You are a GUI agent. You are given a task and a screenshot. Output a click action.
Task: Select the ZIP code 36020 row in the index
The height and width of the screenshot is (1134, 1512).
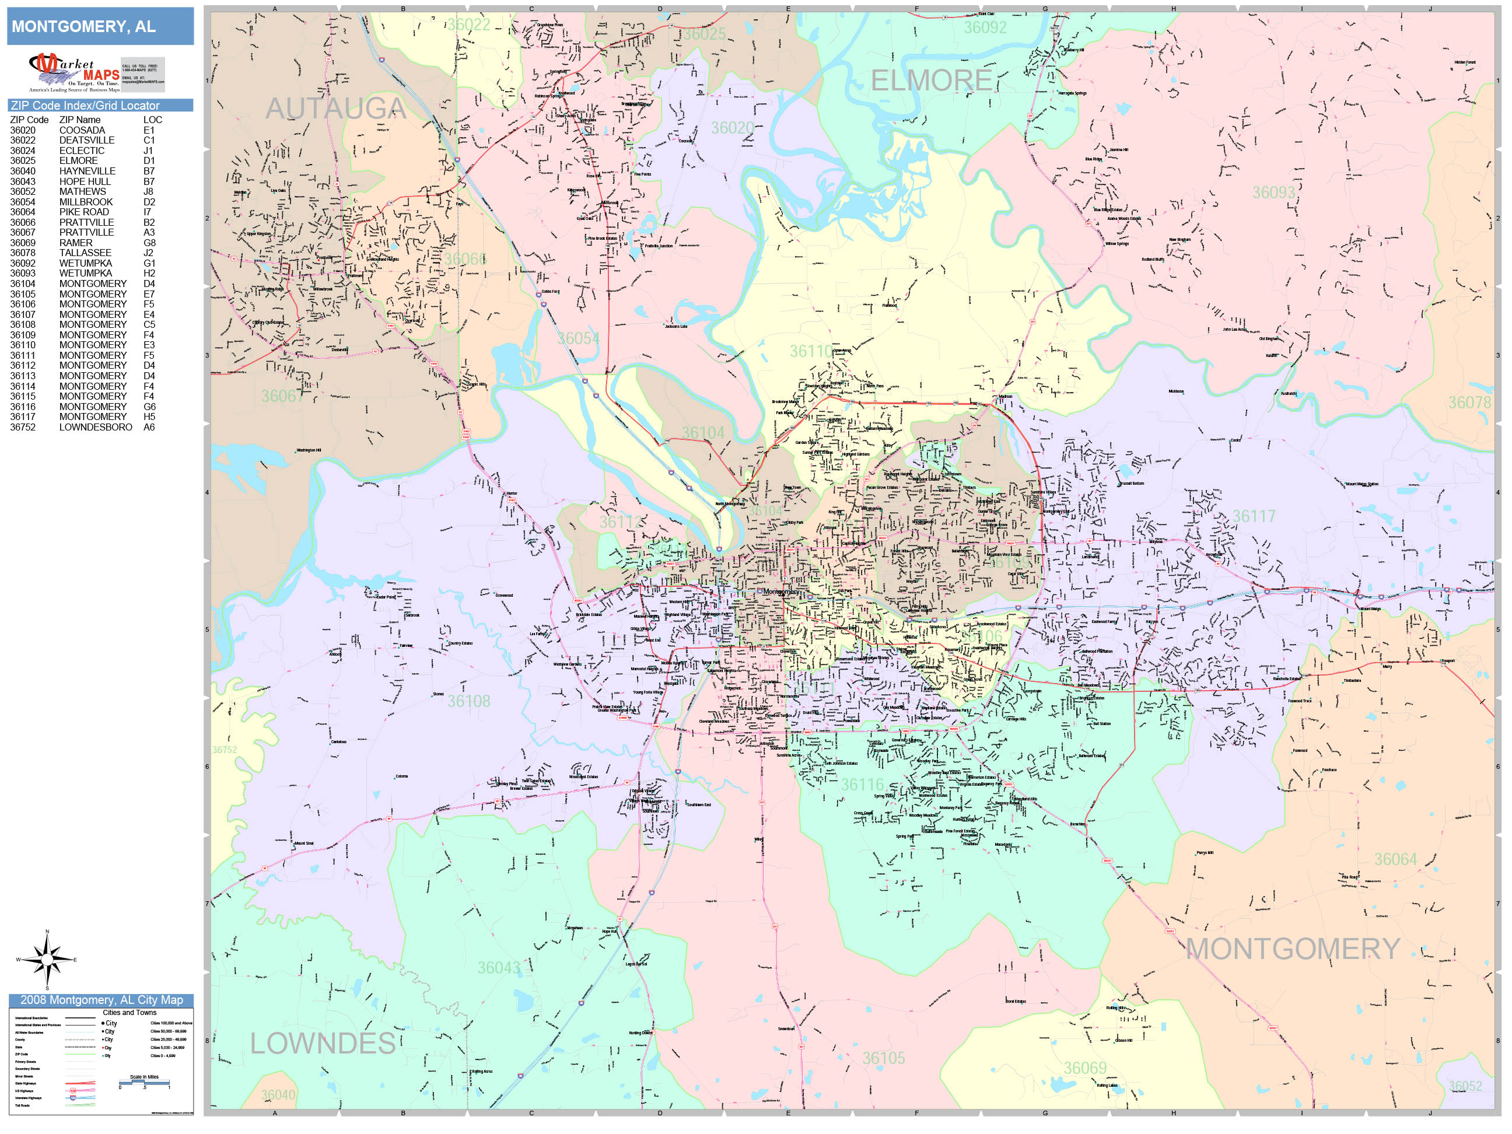point(23,131)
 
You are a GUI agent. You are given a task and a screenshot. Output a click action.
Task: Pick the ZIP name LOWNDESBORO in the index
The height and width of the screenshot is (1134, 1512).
point(96,427)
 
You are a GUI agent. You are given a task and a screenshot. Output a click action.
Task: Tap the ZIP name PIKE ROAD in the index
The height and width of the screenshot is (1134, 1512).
point(84,212)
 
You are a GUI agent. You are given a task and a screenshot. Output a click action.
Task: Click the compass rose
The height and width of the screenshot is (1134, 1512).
point(47,960)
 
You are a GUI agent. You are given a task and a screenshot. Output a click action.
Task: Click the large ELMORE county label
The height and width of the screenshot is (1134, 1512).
point(930,81)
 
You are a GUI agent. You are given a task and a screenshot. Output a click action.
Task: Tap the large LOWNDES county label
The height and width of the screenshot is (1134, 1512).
point(323,1044)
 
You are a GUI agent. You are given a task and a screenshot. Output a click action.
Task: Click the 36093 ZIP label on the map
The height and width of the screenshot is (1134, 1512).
point(1273,192)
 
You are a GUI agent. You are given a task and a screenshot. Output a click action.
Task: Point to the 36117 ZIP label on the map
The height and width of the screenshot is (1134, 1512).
point(1254,516)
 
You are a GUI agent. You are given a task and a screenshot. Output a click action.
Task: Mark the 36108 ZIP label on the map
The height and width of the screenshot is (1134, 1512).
point(468,701)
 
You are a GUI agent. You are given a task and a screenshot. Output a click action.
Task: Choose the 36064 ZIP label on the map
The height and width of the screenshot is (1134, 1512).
point(1395,859)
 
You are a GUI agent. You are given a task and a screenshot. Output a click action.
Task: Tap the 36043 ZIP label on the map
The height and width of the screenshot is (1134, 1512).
point(498,968)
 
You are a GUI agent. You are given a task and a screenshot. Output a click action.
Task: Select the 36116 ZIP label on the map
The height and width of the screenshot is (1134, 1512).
point(862,785)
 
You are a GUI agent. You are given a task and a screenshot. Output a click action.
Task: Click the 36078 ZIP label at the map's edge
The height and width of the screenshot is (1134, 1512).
point(1469,402)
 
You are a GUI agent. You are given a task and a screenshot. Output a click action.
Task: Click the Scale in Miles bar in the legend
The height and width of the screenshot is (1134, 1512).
point(144,1083)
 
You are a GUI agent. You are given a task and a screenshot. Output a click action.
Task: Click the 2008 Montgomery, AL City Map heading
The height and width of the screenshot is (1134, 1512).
point(101,1000)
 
